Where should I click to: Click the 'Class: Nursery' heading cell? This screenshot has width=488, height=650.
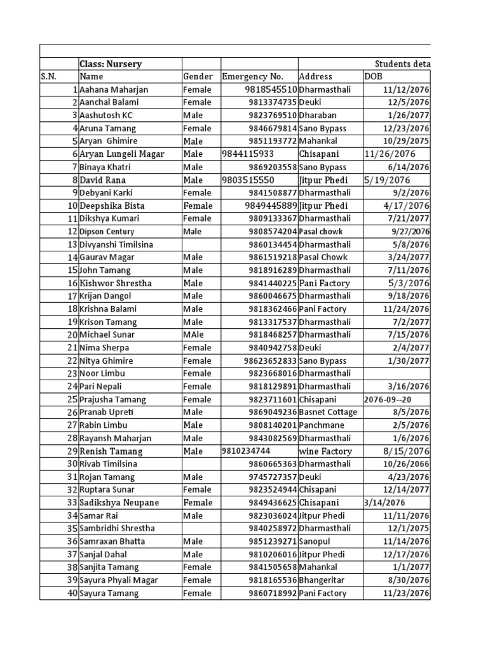click(x=111, y=64)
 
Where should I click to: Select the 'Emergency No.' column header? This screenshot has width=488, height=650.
click(x=253, y=77)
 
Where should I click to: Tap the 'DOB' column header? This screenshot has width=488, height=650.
click(x=374, y=77)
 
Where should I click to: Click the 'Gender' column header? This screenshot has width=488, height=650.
click(x=198, y=77)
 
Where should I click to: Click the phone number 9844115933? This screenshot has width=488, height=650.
click(x=248, y=154)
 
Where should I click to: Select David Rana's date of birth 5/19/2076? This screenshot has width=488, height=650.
click(x=388, y=180)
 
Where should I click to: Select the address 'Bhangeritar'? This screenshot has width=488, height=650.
click(x=323, y=580)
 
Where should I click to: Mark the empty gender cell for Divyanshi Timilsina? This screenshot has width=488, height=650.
click(x=201, y=244)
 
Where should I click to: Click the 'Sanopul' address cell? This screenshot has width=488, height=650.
click(x=316, y=541)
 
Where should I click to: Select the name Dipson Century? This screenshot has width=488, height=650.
click(x=107, y=232)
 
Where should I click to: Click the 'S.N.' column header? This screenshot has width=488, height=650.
click(x=49, y=77)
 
